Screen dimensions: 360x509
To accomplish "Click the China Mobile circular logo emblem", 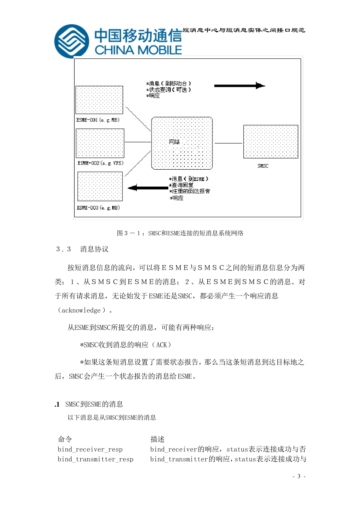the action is (x=72, y=41).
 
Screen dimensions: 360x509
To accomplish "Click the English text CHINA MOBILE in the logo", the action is (x=138, y=50).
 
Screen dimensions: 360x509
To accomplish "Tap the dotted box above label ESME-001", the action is (x=99, y=100).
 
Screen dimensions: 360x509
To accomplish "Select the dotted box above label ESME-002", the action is (x=100, y=143).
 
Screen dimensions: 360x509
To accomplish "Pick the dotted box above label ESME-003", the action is (x=100, y=186).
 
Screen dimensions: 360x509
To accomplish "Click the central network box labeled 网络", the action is (x=182, y=143).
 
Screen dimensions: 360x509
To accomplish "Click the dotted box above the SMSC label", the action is (x=271, y=142).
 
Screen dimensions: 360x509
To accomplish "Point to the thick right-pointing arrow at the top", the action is (x=239, y=86).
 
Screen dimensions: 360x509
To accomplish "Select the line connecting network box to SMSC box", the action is (x=228, y=144).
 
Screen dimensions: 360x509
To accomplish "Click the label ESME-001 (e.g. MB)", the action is (x=98, y=120).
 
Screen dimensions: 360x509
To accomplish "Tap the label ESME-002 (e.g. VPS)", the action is (x=100, y=163).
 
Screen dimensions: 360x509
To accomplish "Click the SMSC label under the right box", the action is (x=263, y=166).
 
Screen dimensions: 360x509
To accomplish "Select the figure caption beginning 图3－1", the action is (x=180, y=233).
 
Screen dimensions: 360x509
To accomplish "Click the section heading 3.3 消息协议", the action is (x=82, y=249).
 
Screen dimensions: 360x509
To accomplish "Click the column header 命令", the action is (x=65, y=439).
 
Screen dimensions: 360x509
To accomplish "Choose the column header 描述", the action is (x=157, y=439).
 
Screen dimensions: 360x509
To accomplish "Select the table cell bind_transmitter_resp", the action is (x=95, y=459).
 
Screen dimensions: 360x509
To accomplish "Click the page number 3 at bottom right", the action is (x=299, y=476).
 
